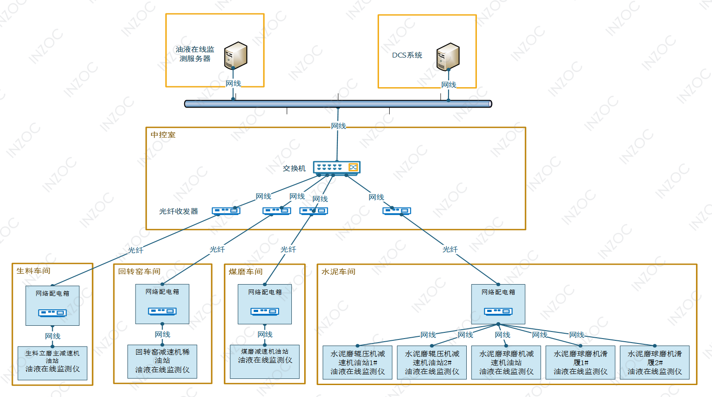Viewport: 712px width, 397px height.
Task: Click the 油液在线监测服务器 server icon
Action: click(236, 56)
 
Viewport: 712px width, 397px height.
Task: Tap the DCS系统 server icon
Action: click(448, 57)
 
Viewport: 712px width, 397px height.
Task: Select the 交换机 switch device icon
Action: click(337, 167)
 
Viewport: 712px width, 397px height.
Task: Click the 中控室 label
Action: click(163, 135)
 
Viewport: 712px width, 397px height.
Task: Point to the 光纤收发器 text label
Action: click(178, 212)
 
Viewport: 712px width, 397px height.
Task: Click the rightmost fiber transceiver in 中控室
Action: click(397, 211)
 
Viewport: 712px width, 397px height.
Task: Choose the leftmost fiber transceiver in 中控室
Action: click(226, 211)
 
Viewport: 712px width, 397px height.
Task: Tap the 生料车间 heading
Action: click(33, 271)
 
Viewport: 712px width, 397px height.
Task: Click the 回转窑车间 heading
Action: click(139, 271)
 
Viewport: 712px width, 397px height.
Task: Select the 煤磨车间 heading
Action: click(245, 272)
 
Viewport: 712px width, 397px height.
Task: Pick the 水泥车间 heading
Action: click(338, 272)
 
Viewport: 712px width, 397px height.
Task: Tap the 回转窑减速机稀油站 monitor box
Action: click(162, 361)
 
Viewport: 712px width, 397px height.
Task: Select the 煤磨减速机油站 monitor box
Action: click(265, 361)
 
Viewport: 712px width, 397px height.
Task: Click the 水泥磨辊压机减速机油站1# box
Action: click(357, 362)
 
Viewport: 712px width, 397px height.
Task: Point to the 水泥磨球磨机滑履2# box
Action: click(654, 362)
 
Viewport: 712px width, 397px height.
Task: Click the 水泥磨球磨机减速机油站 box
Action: click(506, 362)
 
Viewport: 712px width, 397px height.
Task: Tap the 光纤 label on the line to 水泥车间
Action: click(450, 250)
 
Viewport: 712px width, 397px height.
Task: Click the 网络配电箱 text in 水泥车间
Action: click(498, 292)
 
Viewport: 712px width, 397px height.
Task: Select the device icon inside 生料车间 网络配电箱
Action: click(52, 313)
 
